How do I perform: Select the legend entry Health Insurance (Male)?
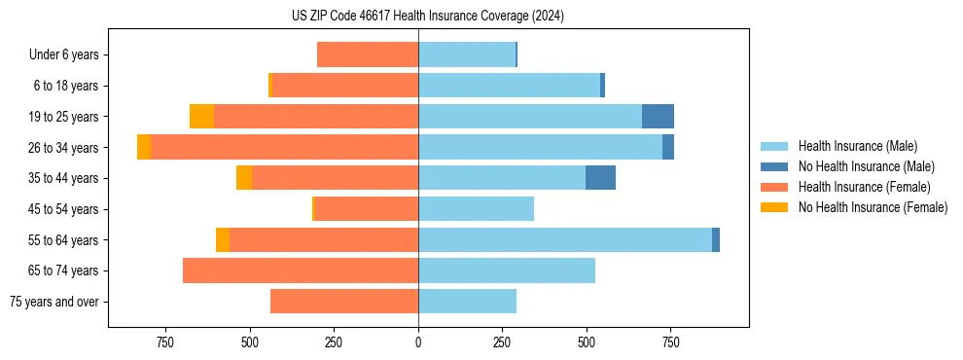pos(855,146)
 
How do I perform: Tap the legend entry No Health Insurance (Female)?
pos(873,207)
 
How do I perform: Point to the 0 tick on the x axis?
pos(418,343)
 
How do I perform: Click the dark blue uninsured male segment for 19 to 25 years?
pos(658,117)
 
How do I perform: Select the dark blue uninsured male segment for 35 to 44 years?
pos(600,178)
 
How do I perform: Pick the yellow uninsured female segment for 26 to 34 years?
pos(144,147)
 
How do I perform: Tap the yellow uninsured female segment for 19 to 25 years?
pos(201,117)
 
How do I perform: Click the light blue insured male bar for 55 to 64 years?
pos(564,240)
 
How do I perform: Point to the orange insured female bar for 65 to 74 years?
pos(301,270)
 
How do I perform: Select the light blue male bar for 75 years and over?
pos(467,302)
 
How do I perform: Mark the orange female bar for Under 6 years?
pos(368,54)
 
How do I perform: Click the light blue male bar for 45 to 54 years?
pos(476,209)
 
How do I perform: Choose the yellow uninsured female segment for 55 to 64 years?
pos(223,240)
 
